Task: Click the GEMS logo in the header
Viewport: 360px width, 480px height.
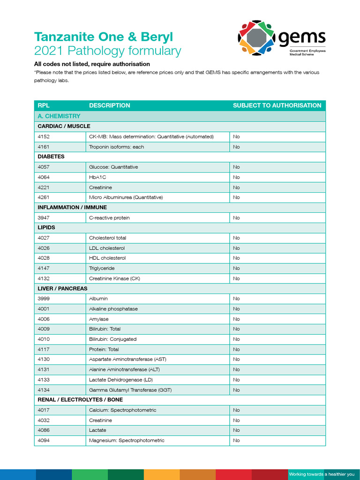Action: point(282,37)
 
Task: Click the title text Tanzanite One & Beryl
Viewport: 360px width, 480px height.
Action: point(103,37)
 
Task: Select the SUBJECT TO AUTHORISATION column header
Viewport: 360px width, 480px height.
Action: point(277,105)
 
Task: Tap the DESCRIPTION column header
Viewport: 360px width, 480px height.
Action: point(110,105)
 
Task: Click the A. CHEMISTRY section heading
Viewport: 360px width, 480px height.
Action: point(59,116)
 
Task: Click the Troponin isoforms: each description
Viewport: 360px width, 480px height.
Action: point(117,147)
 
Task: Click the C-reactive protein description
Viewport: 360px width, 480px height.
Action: point(110,217)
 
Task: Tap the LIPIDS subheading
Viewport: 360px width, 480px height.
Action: point(46,227)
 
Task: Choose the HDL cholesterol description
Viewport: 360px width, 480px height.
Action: point(107,258)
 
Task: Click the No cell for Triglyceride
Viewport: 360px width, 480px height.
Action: point(236,268)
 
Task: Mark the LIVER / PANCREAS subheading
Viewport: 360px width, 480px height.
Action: point(62,288)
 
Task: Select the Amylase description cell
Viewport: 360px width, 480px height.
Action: point(99,319)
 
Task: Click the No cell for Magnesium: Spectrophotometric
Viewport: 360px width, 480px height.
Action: point(236,440)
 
